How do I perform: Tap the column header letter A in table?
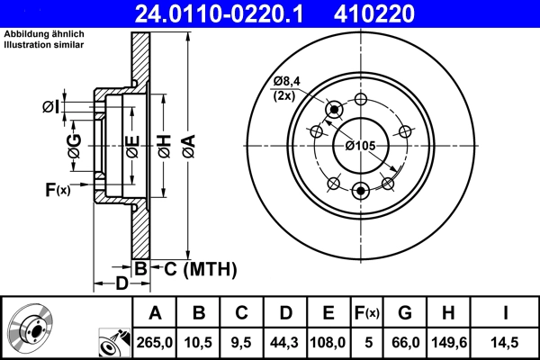(x=155, y=313)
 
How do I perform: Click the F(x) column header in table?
(x=367, y=313)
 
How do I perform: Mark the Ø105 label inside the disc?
(x=360, y=145)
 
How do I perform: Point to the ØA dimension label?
(x=188, y=141)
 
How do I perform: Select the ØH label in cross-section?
(x=163, y=144)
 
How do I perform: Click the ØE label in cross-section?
(x=131, y=144)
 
